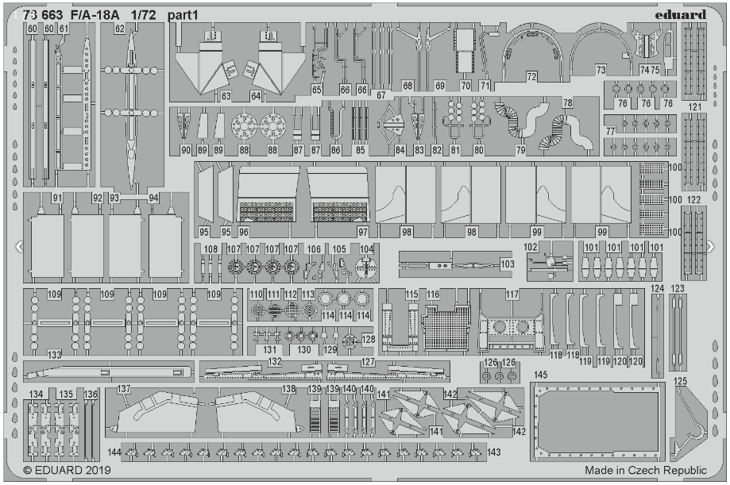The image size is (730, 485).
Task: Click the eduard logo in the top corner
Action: point(682,13)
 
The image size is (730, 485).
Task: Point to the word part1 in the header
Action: point(183,13)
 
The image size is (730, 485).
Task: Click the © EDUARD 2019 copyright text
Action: point(68,470)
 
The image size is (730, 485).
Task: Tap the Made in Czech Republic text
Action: point(646,470)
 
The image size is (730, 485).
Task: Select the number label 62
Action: point(119,29)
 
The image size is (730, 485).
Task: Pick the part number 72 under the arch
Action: point(531,76)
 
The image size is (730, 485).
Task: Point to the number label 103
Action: point(507,264)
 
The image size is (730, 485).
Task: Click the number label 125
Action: point(680,382)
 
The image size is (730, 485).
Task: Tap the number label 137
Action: point(123,390)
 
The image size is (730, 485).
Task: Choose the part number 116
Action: point(432,294)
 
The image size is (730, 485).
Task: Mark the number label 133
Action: point(54,354)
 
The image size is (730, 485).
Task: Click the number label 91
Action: point(56,197)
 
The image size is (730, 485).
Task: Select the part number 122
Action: point(694,199)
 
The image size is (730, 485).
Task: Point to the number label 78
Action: point(567,104)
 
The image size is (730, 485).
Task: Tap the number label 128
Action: point(368,340)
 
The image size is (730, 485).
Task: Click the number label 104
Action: point(366,248)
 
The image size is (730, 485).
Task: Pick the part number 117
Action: point(512,294)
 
